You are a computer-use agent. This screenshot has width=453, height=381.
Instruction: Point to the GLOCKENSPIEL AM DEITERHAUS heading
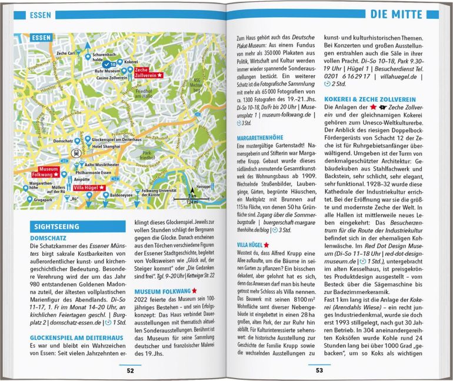(76, 337)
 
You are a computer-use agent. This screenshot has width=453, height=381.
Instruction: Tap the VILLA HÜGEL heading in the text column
(251, 244)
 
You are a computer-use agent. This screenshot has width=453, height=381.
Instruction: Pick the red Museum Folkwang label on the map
(45, 172)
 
